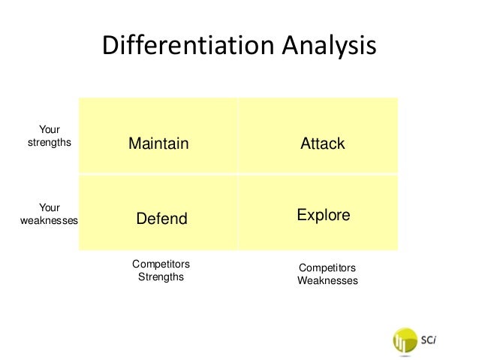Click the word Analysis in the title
(x=328, y=47)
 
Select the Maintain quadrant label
(x=158, y=144)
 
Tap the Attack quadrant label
(x=323, y=144)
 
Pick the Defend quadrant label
(x=161, y=219)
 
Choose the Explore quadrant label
(x=324, y=215)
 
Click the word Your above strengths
(x=50, y=129)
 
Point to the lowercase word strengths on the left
(x=50, y=142)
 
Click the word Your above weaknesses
(x=50, y=207)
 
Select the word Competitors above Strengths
(x=161, y=264)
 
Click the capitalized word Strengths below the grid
(x=161, y=277)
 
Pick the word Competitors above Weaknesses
(x=327, y=268)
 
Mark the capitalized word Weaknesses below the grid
(x=327, y=281)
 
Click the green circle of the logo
(x=405, y=340)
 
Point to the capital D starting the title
(x=110, y=47)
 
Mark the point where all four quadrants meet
(x=238, y=174)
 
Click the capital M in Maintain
(x=134, y=144)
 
